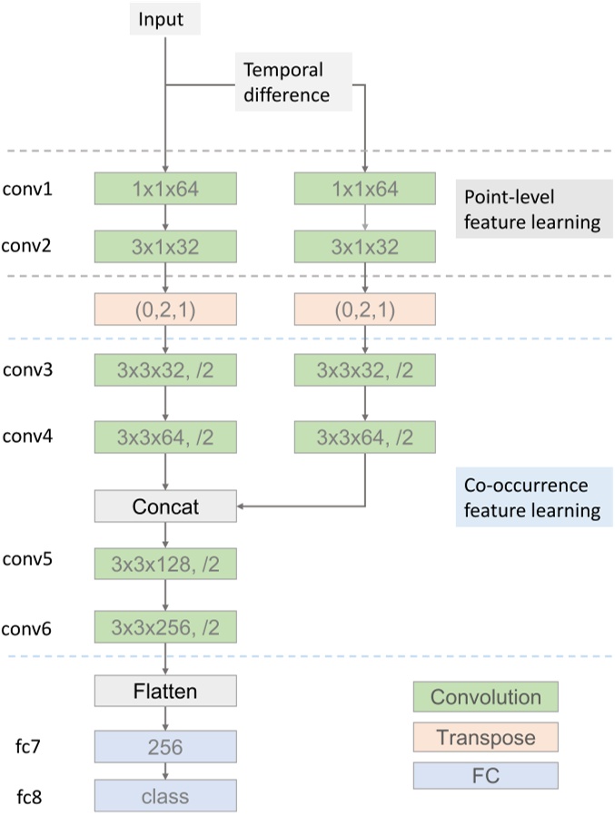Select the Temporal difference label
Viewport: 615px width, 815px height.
point(283,82)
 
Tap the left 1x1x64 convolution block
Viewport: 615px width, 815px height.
point(164,190)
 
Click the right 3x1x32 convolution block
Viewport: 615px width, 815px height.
point(365,246)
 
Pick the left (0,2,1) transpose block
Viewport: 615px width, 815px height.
point(164,310)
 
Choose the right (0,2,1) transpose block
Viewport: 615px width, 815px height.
point(365,310)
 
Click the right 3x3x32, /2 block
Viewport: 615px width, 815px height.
point(365,371)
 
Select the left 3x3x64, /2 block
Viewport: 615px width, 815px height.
point(164,437)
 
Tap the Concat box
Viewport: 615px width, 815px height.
point(164,506)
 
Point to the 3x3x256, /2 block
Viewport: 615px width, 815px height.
point(164,625)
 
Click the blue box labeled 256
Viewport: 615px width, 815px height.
point(164,748)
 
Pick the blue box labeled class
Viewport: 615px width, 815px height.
point(164,796)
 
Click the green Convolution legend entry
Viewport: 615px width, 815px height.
point(485,697)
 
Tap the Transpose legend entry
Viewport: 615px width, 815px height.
point(485,737)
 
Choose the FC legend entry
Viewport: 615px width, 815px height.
point(485,776)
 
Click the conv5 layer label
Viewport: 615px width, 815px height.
point(27,559)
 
